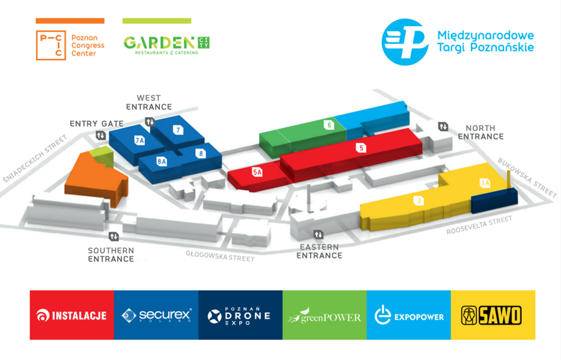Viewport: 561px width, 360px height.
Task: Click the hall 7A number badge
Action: [x=139, y=140]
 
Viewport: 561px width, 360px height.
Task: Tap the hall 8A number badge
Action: [x=162, y=161]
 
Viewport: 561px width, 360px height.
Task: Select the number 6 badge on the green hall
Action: [x=329, y=125]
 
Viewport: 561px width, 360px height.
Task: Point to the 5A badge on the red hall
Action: [x=257, y=172]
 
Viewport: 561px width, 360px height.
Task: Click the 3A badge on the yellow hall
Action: [x=485, y=183]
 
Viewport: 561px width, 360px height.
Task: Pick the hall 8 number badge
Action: [x=200, y=153]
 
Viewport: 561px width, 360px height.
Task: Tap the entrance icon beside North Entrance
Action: [x=443, y=126]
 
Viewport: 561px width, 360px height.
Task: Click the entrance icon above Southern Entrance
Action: [x=114, y=236]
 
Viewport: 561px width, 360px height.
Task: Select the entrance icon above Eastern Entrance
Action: [x=318, y=235]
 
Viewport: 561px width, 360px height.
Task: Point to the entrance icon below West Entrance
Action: [x=150, y=122]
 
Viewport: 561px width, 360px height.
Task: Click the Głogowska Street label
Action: [x=220, y=256]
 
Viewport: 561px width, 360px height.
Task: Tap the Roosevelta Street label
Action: [x=479, y=225]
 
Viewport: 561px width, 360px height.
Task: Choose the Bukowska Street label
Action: [x=527, y=178]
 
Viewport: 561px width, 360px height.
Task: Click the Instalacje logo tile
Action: [x=72, y=315]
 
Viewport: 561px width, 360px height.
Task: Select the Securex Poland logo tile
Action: [x=156, y=315]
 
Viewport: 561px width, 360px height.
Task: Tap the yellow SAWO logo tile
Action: [x=493, y=315]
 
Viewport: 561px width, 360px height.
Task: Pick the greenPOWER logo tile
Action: [x=324, y=315]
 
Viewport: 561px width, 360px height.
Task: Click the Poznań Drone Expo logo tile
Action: [x=240, y=315]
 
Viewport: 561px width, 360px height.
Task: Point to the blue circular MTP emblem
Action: [x=405, y=42]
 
